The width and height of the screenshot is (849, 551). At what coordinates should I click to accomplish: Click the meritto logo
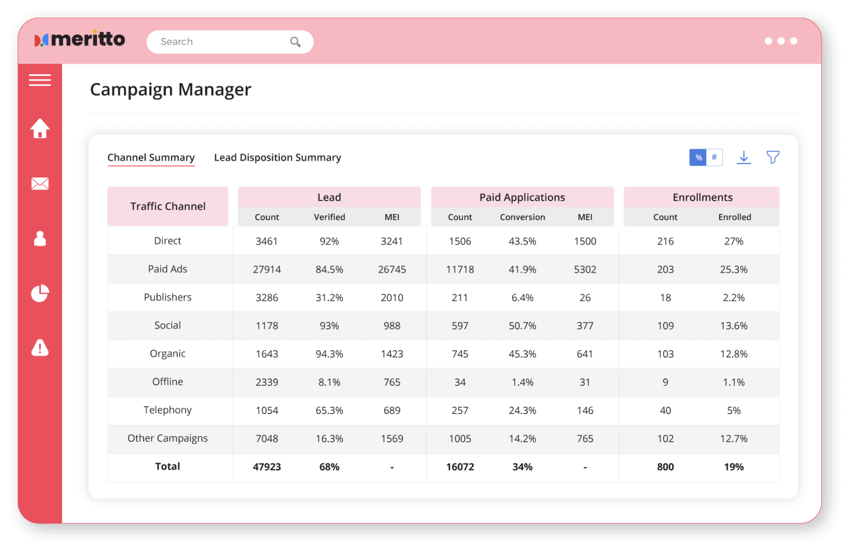(80, 39)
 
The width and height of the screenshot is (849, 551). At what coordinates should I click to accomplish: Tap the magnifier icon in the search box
(296, 42)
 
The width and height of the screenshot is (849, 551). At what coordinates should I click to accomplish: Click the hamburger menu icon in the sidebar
(40, 80)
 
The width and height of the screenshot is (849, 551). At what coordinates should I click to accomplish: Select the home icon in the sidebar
(40, 128)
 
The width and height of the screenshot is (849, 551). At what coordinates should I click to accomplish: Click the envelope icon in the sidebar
(40, 184)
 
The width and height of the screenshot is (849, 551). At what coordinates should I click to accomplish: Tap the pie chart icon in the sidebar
(40, 293)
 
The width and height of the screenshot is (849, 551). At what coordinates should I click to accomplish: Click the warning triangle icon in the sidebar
(40, 348)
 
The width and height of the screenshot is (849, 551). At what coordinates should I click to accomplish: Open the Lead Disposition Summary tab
(277, 158)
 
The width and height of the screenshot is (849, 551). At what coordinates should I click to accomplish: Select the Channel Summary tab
(151, 158)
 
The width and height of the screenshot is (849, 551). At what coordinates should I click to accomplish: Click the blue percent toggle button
(698, 158)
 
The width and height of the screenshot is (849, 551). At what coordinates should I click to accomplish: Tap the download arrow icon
(744, 157)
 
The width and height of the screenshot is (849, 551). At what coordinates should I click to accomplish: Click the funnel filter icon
(773, 157)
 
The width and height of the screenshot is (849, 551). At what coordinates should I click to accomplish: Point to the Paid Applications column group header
(522, 197)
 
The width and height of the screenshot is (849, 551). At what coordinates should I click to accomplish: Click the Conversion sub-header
(522, 217)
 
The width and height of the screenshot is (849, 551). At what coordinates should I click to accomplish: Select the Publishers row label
(168, 297)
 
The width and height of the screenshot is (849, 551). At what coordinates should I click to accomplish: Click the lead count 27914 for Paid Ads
(267, 270)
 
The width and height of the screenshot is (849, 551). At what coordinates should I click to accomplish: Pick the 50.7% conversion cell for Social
(522, 326)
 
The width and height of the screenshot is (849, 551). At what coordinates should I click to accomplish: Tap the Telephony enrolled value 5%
(733, 410)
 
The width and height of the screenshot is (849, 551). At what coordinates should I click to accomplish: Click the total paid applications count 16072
(460, 467)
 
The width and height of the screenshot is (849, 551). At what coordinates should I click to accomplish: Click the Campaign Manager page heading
(170, 90)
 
